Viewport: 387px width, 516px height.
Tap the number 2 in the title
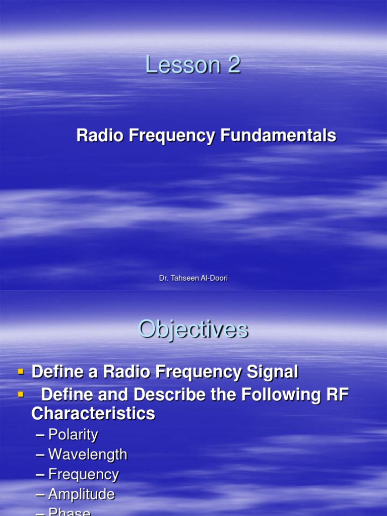[233, 66]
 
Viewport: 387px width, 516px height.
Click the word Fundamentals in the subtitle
[278, 136]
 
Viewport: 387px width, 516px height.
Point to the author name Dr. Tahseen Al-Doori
[193, 278]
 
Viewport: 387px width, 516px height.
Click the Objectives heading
[193, 330]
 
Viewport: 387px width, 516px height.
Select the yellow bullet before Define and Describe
[21, 394]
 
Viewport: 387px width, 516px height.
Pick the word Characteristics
[93, 414]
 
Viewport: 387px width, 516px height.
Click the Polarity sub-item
[73, 435]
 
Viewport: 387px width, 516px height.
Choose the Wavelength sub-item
[88, 455]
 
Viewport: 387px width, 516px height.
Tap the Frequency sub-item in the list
[84, 474]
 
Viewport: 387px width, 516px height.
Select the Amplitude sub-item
[82, 494]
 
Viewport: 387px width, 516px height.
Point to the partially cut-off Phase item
[70, 512]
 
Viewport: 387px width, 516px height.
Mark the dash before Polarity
[40, 435]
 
